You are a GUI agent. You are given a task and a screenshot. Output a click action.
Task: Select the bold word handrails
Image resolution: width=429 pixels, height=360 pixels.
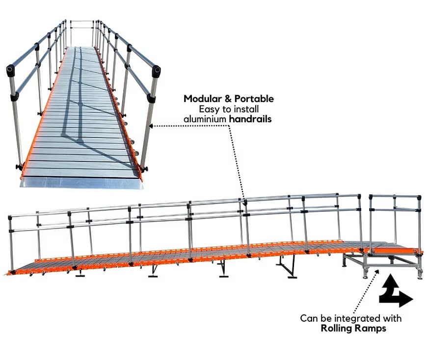(250, 119)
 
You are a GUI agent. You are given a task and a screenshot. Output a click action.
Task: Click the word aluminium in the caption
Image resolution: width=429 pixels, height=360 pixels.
(205, 119)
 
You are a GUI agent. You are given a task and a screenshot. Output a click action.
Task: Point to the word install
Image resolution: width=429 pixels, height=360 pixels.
(246, 109)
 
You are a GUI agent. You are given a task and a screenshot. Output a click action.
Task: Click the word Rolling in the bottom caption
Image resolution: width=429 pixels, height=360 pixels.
(335, 328)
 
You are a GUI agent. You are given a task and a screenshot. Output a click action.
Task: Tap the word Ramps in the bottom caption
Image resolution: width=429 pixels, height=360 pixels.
(369, 329)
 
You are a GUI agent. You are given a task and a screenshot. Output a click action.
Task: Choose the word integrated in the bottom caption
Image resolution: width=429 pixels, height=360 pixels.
(357, 319)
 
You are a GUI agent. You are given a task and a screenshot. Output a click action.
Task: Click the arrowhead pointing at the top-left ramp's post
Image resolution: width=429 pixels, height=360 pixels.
(151, 126)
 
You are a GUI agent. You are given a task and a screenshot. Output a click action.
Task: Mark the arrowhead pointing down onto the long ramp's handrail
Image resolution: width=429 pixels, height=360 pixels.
(244, 204)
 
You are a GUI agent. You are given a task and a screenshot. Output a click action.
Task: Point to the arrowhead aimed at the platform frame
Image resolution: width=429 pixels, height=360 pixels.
(378, 271)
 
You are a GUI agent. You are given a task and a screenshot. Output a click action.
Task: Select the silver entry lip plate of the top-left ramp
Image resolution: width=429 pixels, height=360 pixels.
(81, 182)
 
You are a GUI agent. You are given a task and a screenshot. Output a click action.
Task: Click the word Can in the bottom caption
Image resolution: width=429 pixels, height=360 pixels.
(309, 318)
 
